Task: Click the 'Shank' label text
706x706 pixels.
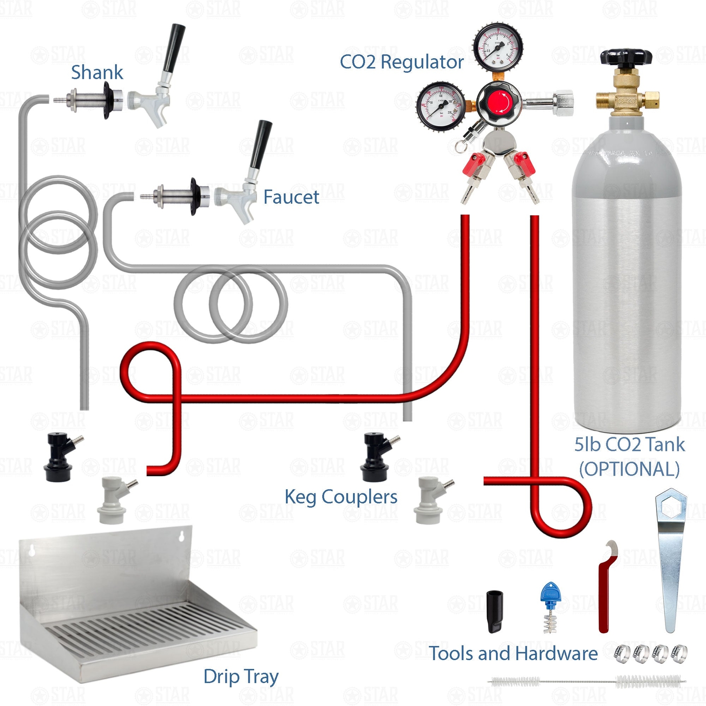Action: [x=97, y=72]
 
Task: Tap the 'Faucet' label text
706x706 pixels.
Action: [x=291, y=197]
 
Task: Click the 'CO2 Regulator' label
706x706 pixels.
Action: [x=401, y=62]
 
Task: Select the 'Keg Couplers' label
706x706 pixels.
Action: [x=341, y=497]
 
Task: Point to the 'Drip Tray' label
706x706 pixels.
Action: [x=241, y=676]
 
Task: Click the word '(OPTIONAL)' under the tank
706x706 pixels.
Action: [x=629, y=469]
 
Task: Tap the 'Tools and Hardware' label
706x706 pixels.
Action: [x=514, y=653]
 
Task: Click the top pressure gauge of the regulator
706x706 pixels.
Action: [x=498, y=47]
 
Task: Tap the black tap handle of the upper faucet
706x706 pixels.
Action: [x=173, y=48]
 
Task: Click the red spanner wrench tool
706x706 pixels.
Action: [x=605, y=587]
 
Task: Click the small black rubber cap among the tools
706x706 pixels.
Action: [x=495, y=611]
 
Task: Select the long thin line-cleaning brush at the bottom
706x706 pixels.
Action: [x=587, y=682]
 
